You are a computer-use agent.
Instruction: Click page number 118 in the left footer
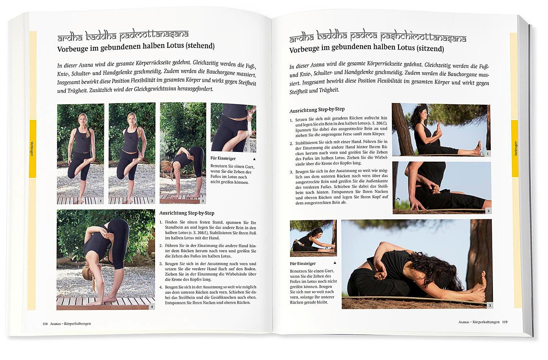(45, 324)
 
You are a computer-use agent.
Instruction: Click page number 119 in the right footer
(505, 322)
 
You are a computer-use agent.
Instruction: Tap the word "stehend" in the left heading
(200, 46)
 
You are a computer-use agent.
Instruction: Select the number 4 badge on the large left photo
(152, 307)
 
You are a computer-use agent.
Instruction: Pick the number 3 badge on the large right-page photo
(490, 305)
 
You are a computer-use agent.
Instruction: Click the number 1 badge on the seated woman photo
(488, 154)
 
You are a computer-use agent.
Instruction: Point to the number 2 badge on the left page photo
(152, 201)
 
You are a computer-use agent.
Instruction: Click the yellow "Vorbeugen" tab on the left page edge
(32, 149)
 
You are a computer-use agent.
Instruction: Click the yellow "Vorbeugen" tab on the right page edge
(516, 148)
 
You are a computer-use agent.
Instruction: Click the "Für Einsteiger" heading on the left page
(223, 158)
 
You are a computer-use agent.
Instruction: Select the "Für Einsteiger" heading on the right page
(303, 264)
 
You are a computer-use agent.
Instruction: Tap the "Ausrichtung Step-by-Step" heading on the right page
(317, 110)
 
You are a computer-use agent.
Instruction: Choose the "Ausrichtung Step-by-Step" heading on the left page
(187, 213)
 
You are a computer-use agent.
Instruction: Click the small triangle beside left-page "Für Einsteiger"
(254, 159)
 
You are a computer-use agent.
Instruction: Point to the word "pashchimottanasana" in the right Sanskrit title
(423, 37)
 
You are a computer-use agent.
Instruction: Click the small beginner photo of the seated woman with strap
(313, 238)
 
